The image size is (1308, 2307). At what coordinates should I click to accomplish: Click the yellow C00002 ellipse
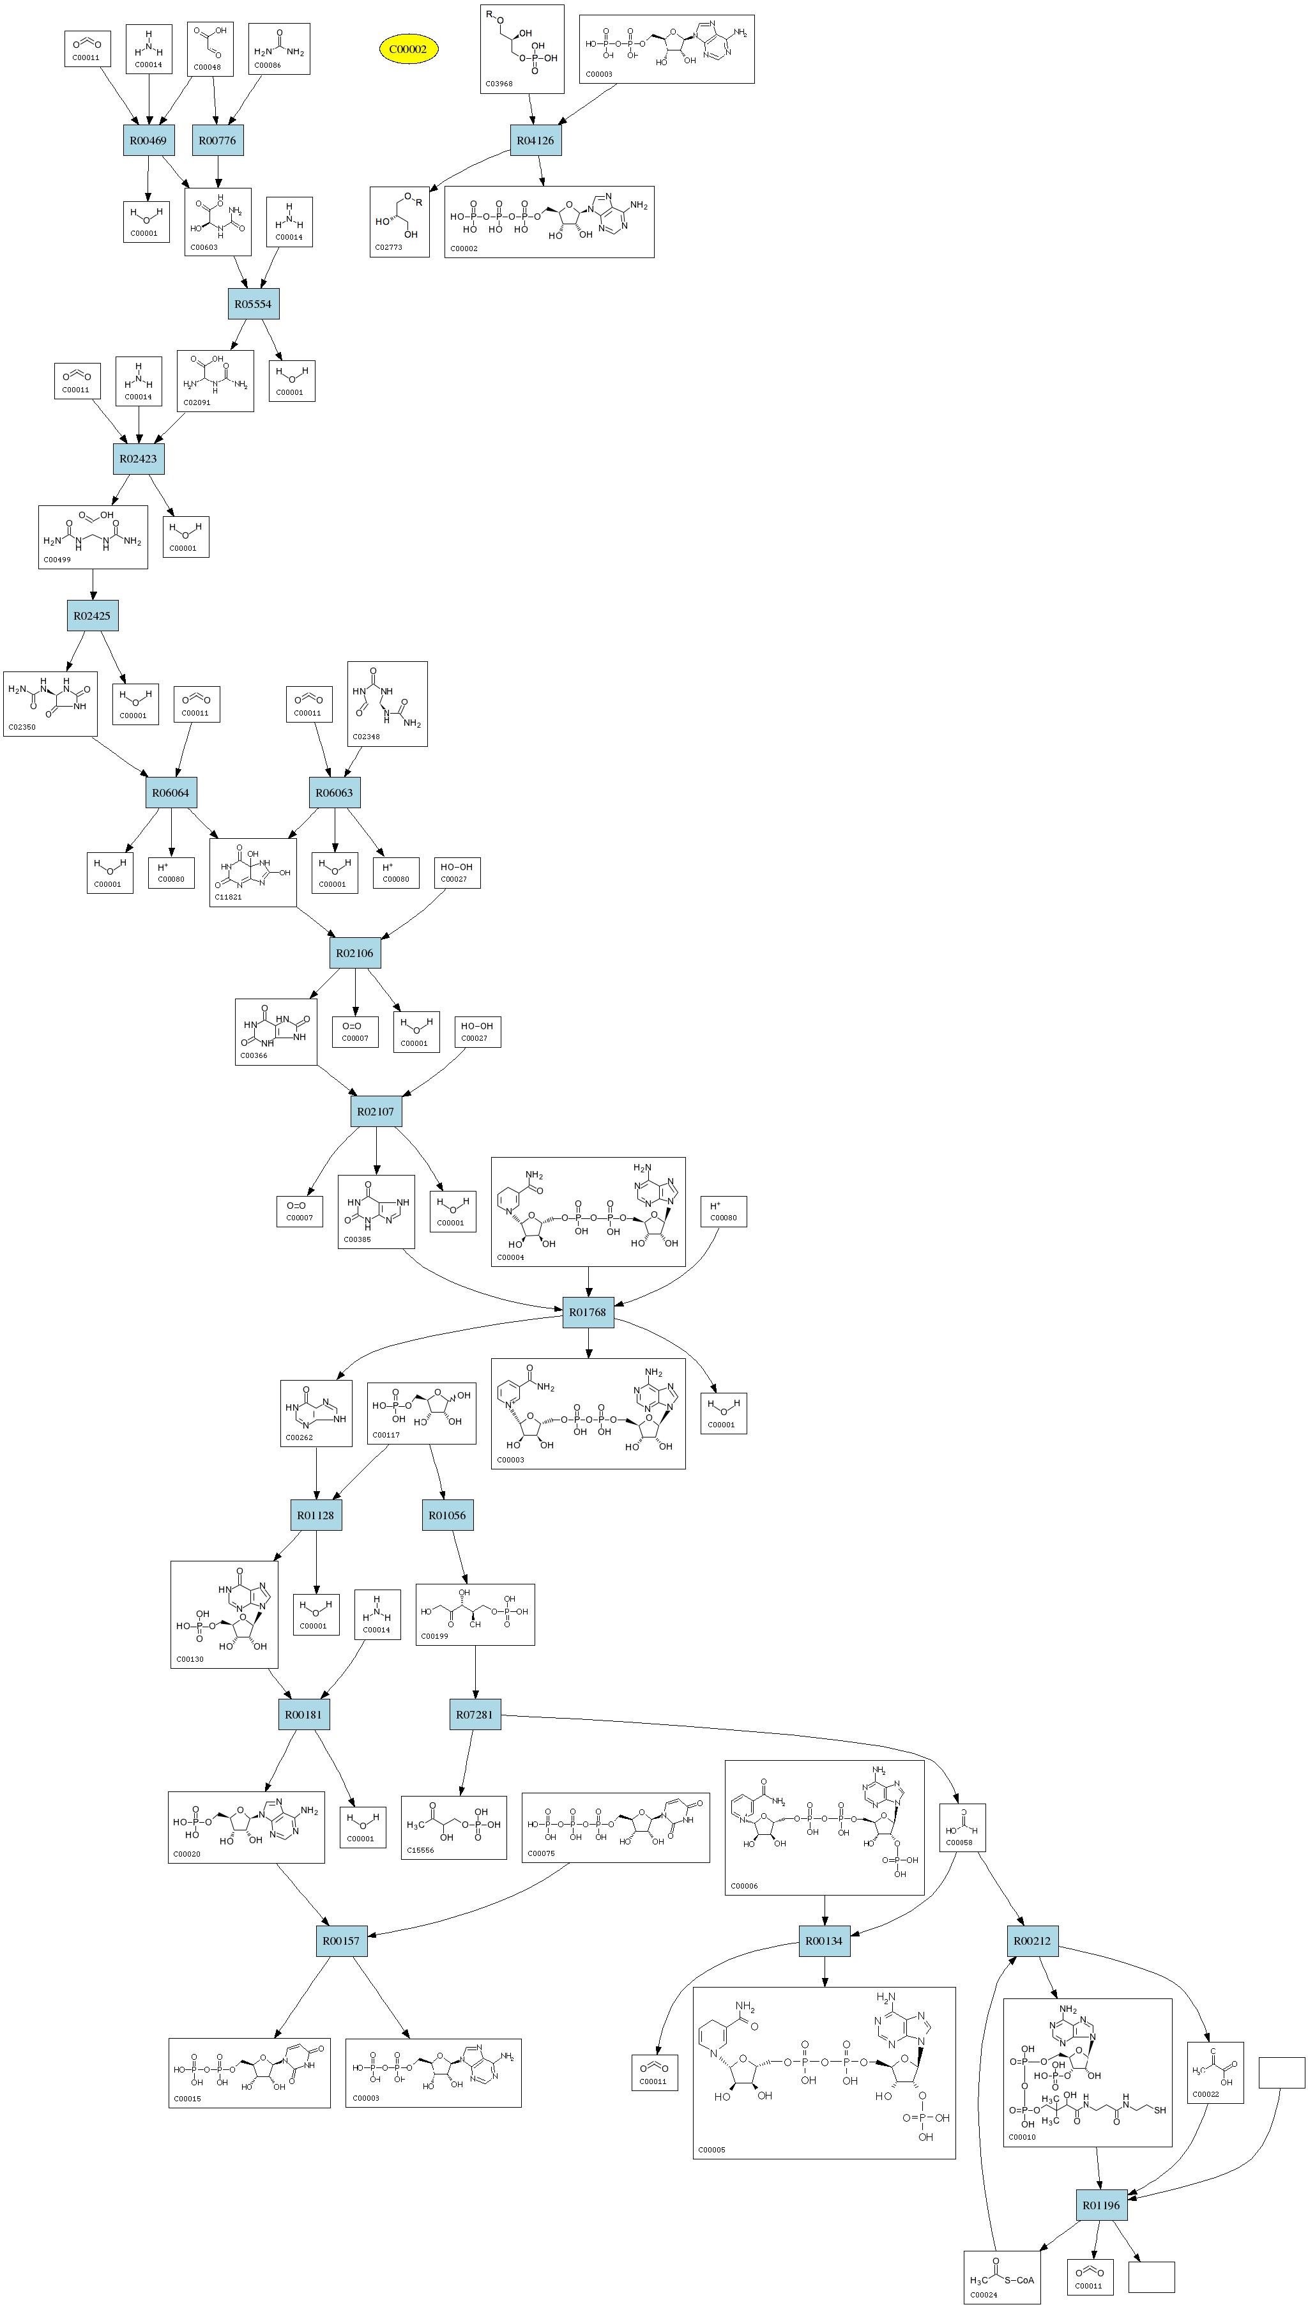coord(408,49)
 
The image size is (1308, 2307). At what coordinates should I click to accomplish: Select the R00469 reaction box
coord(148,140)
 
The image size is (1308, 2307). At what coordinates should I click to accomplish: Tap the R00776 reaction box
coord(217,140)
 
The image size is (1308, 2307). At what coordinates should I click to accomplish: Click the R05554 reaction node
coord(254,303)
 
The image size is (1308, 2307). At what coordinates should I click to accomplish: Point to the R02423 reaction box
coord(139,458)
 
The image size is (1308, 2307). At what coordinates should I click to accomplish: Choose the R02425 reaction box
coord(93,615)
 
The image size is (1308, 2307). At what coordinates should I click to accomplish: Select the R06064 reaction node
coord(171,792)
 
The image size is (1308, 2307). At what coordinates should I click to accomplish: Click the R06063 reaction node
coord(334,792)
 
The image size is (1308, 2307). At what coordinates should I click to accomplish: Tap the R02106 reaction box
coord(355,953)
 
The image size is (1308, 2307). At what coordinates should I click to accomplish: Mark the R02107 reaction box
coord(376,1111)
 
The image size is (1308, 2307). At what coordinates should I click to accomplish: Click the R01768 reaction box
coord(588,1312)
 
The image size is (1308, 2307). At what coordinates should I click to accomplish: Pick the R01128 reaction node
coord(316,1515)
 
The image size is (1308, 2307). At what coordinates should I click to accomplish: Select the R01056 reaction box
coord(447,1515)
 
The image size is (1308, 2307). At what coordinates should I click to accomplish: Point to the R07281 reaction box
coord(475,1714)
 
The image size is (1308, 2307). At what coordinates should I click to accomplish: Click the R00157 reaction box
coord(342,1940)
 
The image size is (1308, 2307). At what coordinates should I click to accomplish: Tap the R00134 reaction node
coord(824,1940)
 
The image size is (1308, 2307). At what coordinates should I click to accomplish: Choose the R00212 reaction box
coord(1032,1940)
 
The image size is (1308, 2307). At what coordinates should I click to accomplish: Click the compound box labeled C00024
coord(1001,2276)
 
